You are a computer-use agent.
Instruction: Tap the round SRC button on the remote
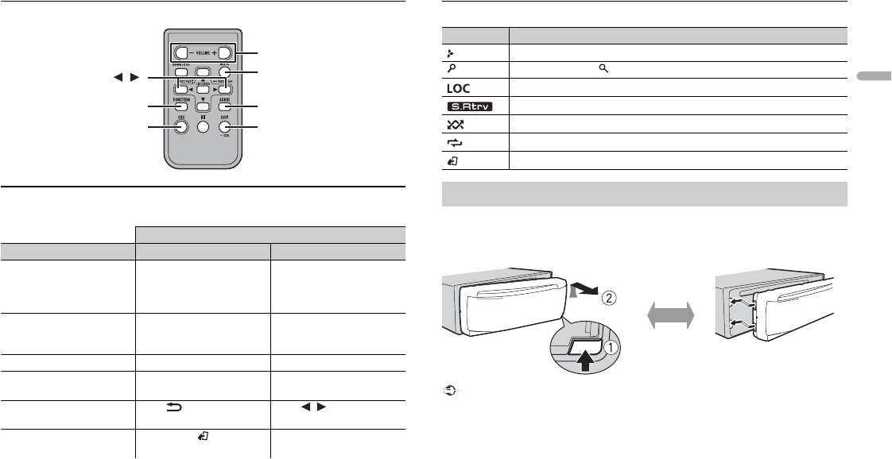(x=182, y=126)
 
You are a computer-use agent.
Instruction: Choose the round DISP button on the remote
(x=225, y=126)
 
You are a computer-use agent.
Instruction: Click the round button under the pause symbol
(x=204, y=127)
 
